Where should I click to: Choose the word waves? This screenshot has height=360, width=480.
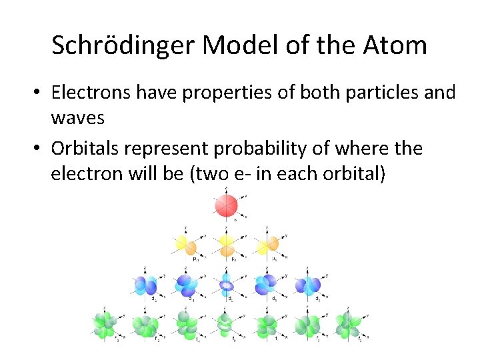[x=78, y=117]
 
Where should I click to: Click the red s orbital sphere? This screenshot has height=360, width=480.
[x=226, y=205]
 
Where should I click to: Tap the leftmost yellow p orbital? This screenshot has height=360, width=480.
[x=185, y=244]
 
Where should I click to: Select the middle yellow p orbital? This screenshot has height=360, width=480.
[x=226, y=244]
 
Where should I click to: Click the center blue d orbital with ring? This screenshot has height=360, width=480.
[x=226, y=285]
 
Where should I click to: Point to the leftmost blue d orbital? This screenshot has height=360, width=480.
[x=145, y=285]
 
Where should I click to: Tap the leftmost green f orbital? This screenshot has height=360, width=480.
[x=104, y=325]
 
